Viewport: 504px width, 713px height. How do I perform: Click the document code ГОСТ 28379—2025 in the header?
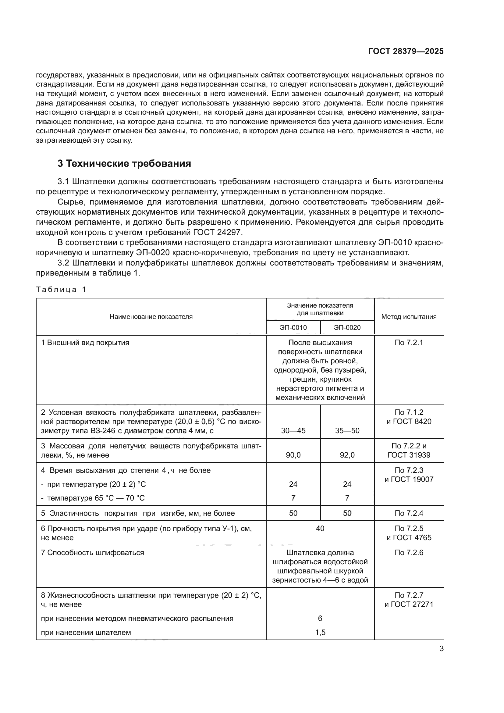pos(406,51)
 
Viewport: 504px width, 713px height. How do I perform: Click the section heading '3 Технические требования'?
pos(124,163)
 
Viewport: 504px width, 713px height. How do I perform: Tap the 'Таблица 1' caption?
pos(61,289)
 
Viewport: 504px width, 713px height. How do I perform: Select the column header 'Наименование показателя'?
pos(151,316)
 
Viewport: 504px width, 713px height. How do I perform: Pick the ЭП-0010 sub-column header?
pos(293,327)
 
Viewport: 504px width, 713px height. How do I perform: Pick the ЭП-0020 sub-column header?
pos(347,327)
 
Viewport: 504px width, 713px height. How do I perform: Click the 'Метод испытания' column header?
pos(409,316)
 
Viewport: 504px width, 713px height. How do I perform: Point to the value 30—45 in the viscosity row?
pos(293,430)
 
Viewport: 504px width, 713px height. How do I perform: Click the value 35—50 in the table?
pos(347,430)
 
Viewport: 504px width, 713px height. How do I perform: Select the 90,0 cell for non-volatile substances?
pos(293,455)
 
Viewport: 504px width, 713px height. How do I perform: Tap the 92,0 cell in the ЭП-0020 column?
pos(347,455)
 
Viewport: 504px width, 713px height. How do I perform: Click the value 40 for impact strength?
pos(320,528)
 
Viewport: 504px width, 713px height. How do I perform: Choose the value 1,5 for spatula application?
pos(320,632)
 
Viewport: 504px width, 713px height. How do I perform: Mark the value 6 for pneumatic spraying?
pos(320,618)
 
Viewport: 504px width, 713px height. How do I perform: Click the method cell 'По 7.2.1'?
pos(409,343)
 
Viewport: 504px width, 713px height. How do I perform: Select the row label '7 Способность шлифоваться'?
pos(93,552)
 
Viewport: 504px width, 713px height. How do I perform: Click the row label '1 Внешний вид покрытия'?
pos(85,343)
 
